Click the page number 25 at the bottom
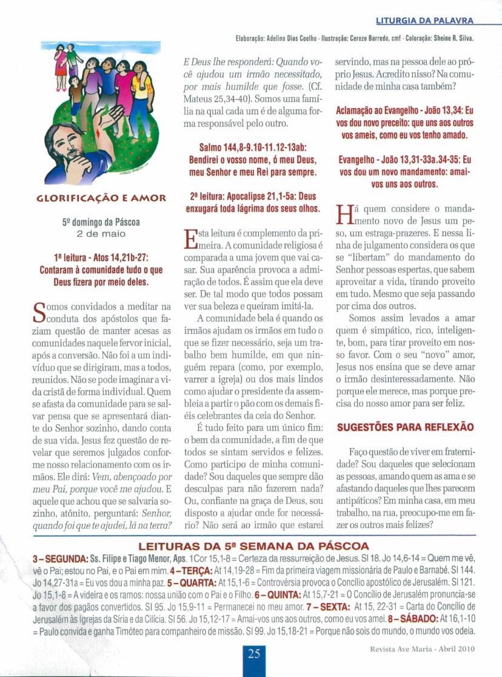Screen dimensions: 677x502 point(254,655)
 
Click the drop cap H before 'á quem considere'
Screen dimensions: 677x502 point(344,214)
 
